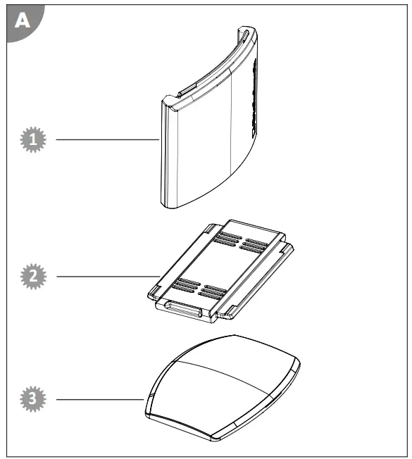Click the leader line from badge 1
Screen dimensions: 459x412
point(106,140)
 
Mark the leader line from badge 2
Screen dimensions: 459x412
point(106,276)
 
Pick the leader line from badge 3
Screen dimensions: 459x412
point(99,400)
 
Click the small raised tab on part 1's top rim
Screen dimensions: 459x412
point(185,92)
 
